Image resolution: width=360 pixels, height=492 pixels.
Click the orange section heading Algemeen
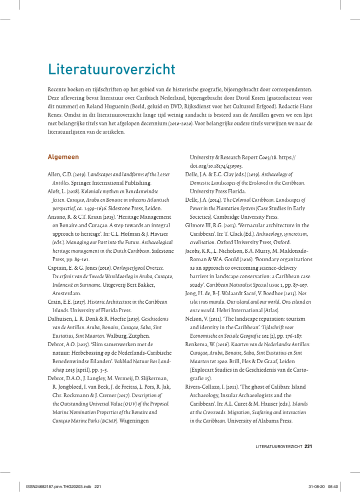(x=63, y=157)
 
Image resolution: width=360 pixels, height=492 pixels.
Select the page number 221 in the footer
(x=308, y=446)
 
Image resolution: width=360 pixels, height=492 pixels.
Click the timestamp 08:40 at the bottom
(x=333, y=486)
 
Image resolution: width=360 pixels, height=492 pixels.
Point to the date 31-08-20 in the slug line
(x=313, y=486)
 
